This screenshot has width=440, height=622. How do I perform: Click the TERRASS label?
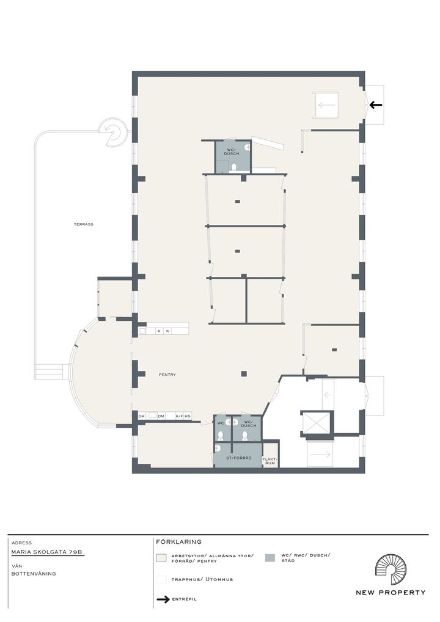[x=83, y=224]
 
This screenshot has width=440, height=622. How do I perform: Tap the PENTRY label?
[x=167, y=375]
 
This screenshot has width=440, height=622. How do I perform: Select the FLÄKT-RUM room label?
[x=269, y=461]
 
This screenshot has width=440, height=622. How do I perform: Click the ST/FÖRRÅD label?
[x=239, y=458]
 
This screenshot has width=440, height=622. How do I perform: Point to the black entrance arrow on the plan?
[x=375, y=105]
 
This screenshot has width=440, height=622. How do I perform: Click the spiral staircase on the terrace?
[x=112, y=132]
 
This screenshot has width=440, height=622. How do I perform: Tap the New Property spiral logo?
[x=391, y=570]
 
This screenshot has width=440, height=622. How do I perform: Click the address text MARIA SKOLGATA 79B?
[x=48, y=552]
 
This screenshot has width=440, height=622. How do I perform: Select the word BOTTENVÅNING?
[x=34, y=574]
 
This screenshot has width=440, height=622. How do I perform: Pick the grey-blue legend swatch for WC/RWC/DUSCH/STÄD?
[x=269, y=558]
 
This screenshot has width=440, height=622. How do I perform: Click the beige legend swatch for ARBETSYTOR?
[x=161, y=558]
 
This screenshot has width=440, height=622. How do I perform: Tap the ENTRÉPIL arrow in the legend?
[x=163, y=599]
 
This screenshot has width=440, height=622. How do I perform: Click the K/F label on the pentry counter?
[x=179, y=416]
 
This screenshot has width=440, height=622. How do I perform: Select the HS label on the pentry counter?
[x=188, y=416]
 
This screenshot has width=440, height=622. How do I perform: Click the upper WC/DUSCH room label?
[x=232, y=152]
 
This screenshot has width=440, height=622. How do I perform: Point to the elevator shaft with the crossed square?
[x=316, y=423]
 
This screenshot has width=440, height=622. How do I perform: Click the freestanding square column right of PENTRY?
[x=244, y=373]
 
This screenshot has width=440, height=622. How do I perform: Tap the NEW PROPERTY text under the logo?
[x=391, y=593]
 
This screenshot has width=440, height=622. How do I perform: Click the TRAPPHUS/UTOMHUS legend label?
[x=202, y=580]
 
